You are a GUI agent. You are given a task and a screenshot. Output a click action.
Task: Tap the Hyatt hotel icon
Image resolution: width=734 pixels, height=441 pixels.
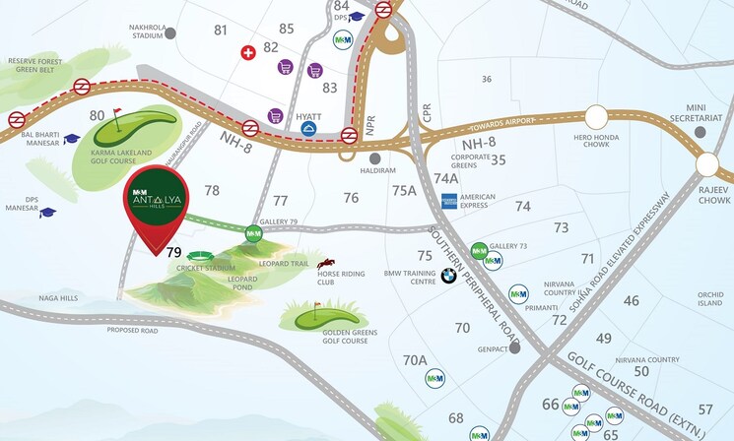coord(309,129)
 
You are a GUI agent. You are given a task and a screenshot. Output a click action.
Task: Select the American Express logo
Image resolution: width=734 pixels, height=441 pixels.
coord(449,201)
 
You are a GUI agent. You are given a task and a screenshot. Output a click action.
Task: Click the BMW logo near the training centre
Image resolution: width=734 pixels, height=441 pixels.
coord(449,276)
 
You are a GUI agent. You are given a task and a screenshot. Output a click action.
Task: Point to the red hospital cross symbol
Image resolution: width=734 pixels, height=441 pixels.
coord(248,52)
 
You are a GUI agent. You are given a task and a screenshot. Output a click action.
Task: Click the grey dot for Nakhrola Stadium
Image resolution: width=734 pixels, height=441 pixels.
coord(170,32)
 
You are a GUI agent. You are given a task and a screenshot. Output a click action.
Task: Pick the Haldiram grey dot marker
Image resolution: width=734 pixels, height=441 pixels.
coord(374,157)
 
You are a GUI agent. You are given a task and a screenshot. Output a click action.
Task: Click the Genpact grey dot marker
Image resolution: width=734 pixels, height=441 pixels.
coord(514,347)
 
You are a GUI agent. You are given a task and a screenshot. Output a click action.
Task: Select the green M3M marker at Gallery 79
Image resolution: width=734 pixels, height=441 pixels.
coord(253,233)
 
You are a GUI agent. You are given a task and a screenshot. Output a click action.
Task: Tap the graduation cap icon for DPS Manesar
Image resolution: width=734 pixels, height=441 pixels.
coord(47,212)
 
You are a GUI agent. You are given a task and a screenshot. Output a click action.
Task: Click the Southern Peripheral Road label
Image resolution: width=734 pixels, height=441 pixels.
coord(468,269)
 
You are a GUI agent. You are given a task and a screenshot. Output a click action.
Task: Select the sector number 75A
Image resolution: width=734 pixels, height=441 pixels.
coord(404,191)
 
